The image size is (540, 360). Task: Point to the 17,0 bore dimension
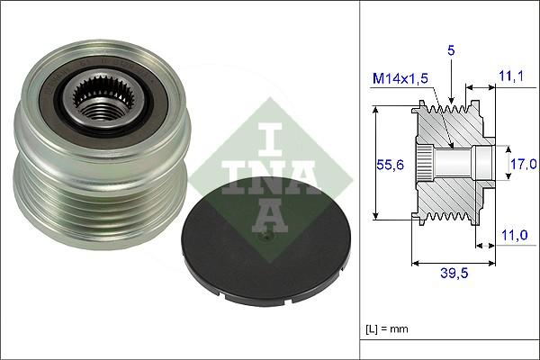525,163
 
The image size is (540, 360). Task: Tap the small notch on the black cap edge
221,292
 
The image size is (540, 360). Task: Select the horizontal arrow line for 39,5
453,264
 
